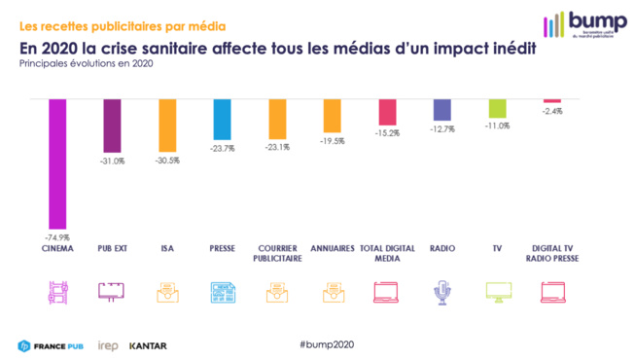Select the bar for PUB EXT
112,126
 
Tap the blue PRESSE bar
222,120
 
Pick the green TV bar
497,108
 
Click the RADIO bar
441,109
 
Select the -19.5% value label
332,140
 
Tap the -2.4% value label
552,111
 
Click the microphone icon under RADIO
442,291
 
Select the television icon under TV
498,291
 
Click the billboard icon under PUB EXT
112,291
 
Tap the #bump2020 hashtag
327,345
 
